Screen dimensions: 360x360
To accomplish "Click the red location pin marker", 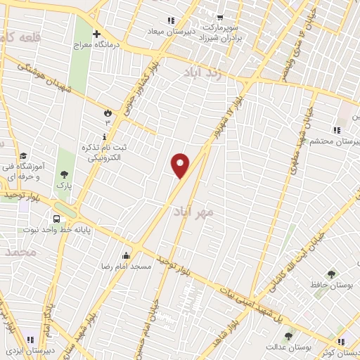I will [x=181, y=166].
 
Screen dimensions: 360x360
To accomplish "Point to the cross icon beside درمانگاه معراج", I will [x=96, y=34].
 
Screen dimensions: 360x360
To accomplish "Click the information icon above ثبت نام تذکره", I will [x=105, y=136].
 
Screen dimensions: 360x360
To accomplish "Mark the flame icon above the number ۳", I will [x=107, y=112].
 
